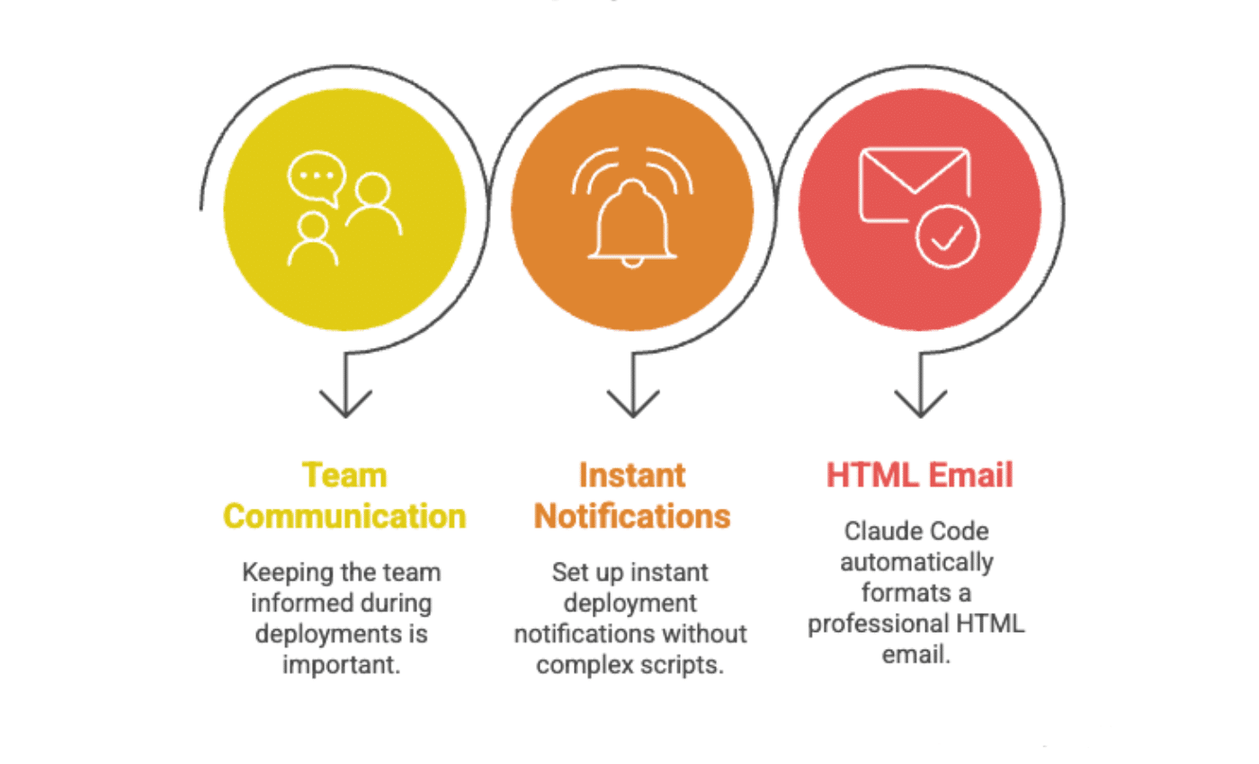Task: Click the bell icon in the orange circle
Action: [x=632, y=225]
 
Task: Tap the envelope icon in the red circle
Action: [x=914, y=183]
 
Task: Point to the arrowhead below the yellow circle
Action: [x=344, y=404]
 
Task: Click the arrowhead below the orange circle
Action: [x=632, y=404]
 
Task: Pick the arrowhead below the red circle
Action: [x=920, y=404]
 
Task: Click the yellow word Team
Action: [x=344, y=475]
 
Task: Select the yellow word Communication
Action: [x=344, y=516]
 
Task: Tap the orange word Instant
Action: [x=631, y=475]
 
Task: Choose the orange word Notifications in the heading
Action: [x=631, y=516]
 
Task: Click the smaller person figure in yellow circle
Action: [x=313, y=240]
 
